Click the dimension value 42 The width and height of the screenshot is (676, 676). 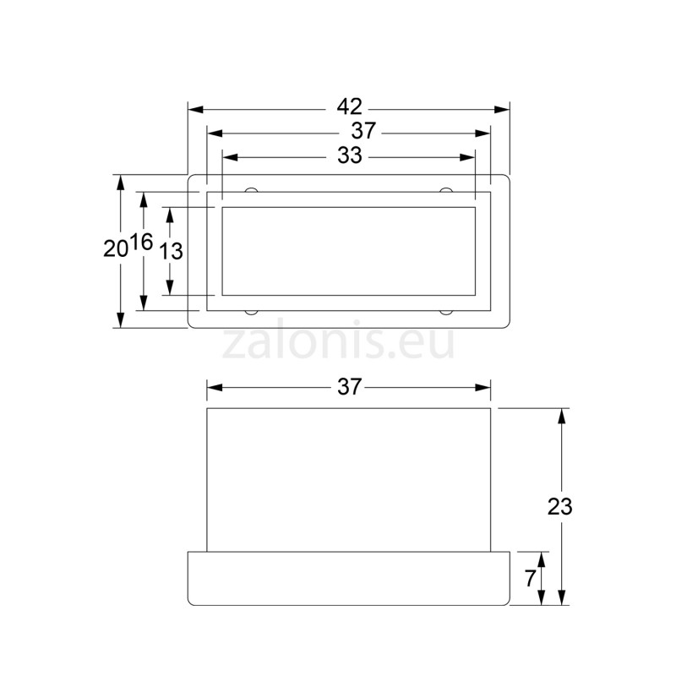(349, 107)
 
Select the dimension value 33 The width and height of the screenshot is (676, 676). (349, 156)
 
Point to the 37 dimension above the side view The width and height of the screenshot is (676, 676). (349, 387)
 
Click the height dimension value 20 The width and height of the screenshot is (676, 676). (115, 249)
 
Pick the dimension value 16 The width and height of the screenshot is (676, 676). (142, 243)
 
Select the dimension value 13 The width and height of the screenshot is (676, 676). (171, 250)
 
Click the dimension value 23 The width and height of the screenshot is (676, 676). (559, 507)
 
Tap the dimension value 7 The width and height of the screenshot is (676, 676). (530, 579)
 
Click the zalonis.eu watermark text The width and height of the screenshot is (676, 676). (338, 343)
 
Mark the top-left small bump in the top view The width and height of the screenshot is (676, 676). (251, 189)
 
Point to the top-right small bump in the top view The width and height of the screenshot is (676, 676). (446, 189)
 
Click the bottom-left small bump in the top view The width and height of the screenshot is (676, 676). (251, 312)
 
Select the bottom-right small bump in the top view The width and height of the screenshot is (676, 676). (446, 312)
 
